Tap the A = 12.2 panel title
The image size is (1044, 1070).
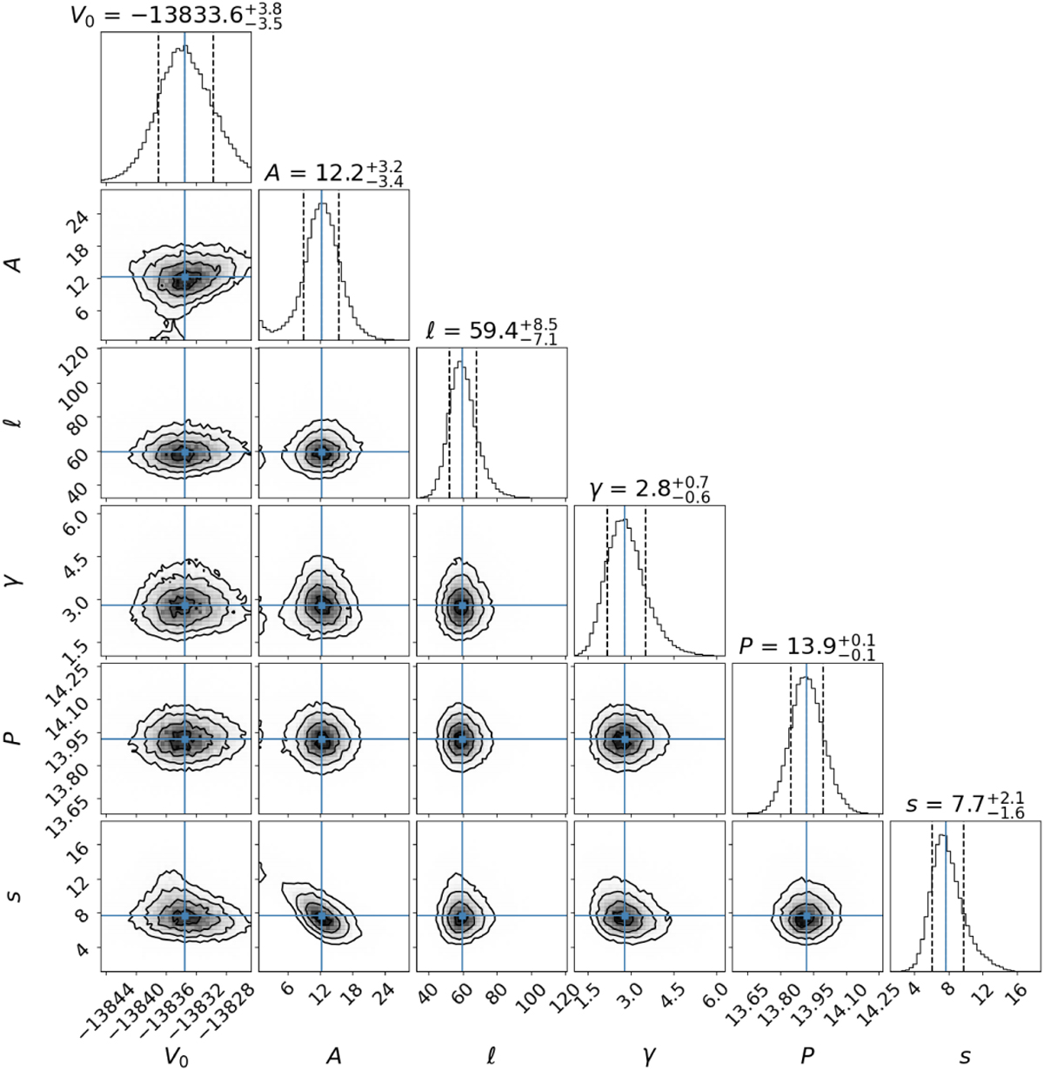click(334, 172)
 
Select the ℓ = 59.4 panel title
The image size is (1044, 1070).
click(492, 331)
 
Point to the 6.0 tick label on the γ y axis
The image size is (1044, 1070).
click(80, 518)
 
